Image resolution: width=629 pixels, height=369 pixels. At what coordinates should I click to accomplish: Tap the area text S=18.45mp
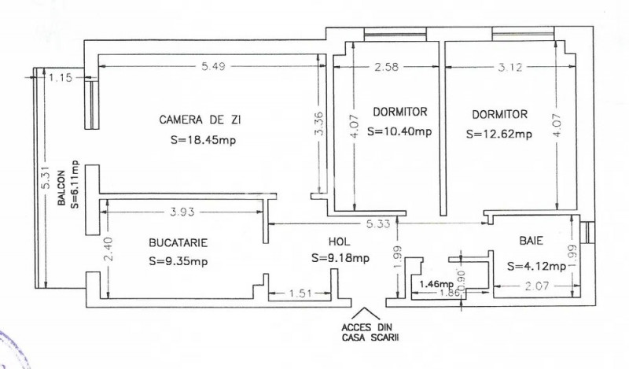point(203,141)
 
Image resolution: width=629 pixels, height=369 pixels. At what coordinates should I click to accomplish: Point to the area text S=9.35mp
point(179,262)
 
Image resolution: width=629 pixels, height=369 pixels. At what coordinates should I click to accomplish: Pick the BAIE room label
point(532,242)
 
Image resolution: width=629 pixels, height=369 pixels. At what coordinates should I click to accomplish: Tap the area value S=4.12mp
point(537,266)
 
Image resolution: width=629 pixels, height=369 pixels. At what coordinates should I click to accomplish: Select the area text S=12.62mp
point(498,134)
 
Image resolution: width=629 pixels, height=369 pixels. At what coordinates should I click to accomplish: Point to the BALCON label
point(61,196)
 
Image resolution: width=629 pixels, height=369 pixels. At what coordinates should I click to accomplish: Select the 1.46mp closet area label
point(436,283)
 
